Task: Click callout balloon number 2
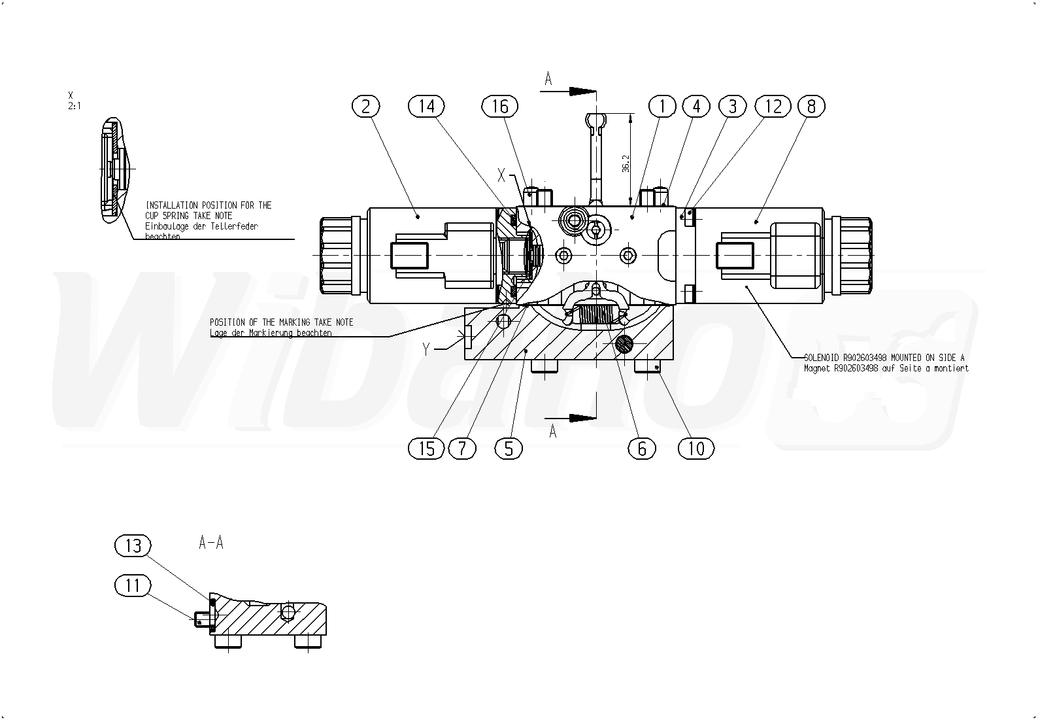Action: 365,106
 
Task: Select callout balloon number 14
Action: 426,106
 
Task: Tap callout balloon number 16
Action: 500,106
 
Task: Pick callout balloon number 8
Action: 811,106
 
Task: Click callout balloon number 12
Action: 773,106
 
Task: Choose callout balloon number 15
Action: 426,449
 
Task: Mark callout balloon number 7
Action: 463,449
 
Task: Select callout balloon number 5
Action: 509,449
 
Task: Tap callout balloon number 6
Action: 641,449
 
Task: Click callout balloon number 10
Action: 696,449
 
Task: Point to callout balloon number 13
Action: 133,545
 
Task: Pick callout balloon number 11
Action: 133,585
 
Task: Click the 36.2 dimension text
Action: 626,163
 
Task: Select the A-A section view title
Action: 211,543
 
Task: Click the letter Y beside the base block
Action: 426,349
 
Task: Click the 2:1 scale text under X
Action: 74,105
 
